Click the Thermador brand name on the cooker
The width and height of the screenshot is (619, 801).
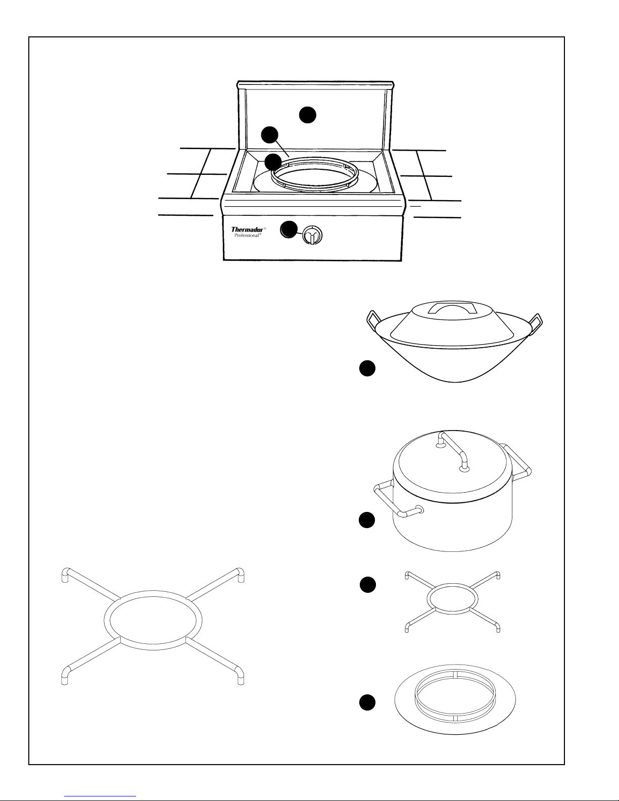(247, 229)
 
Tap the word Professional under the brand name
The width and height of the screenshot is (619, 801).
(247, 235)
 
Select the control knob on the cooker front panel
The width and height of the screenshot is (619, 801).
(312, 234)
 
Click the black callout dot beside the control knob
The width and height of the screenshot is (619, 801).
(289, 229)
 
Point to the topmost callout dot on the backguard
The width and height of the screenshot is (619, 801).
(307, 115)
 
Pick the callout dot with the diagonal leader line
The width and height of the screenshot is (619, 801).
(269, 135)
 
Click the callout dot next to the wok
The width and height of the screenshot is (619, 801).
(367, 368)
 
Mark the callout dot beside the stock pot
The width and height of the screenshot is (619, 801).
(367, 520)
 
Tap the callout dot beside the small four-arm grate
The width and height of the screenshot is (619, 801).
(368, 585)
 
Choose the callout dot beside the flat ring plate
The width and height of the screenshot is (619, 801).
(367, 702)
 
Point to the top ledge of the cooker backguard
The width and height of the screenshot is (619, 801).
(315, 84)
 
